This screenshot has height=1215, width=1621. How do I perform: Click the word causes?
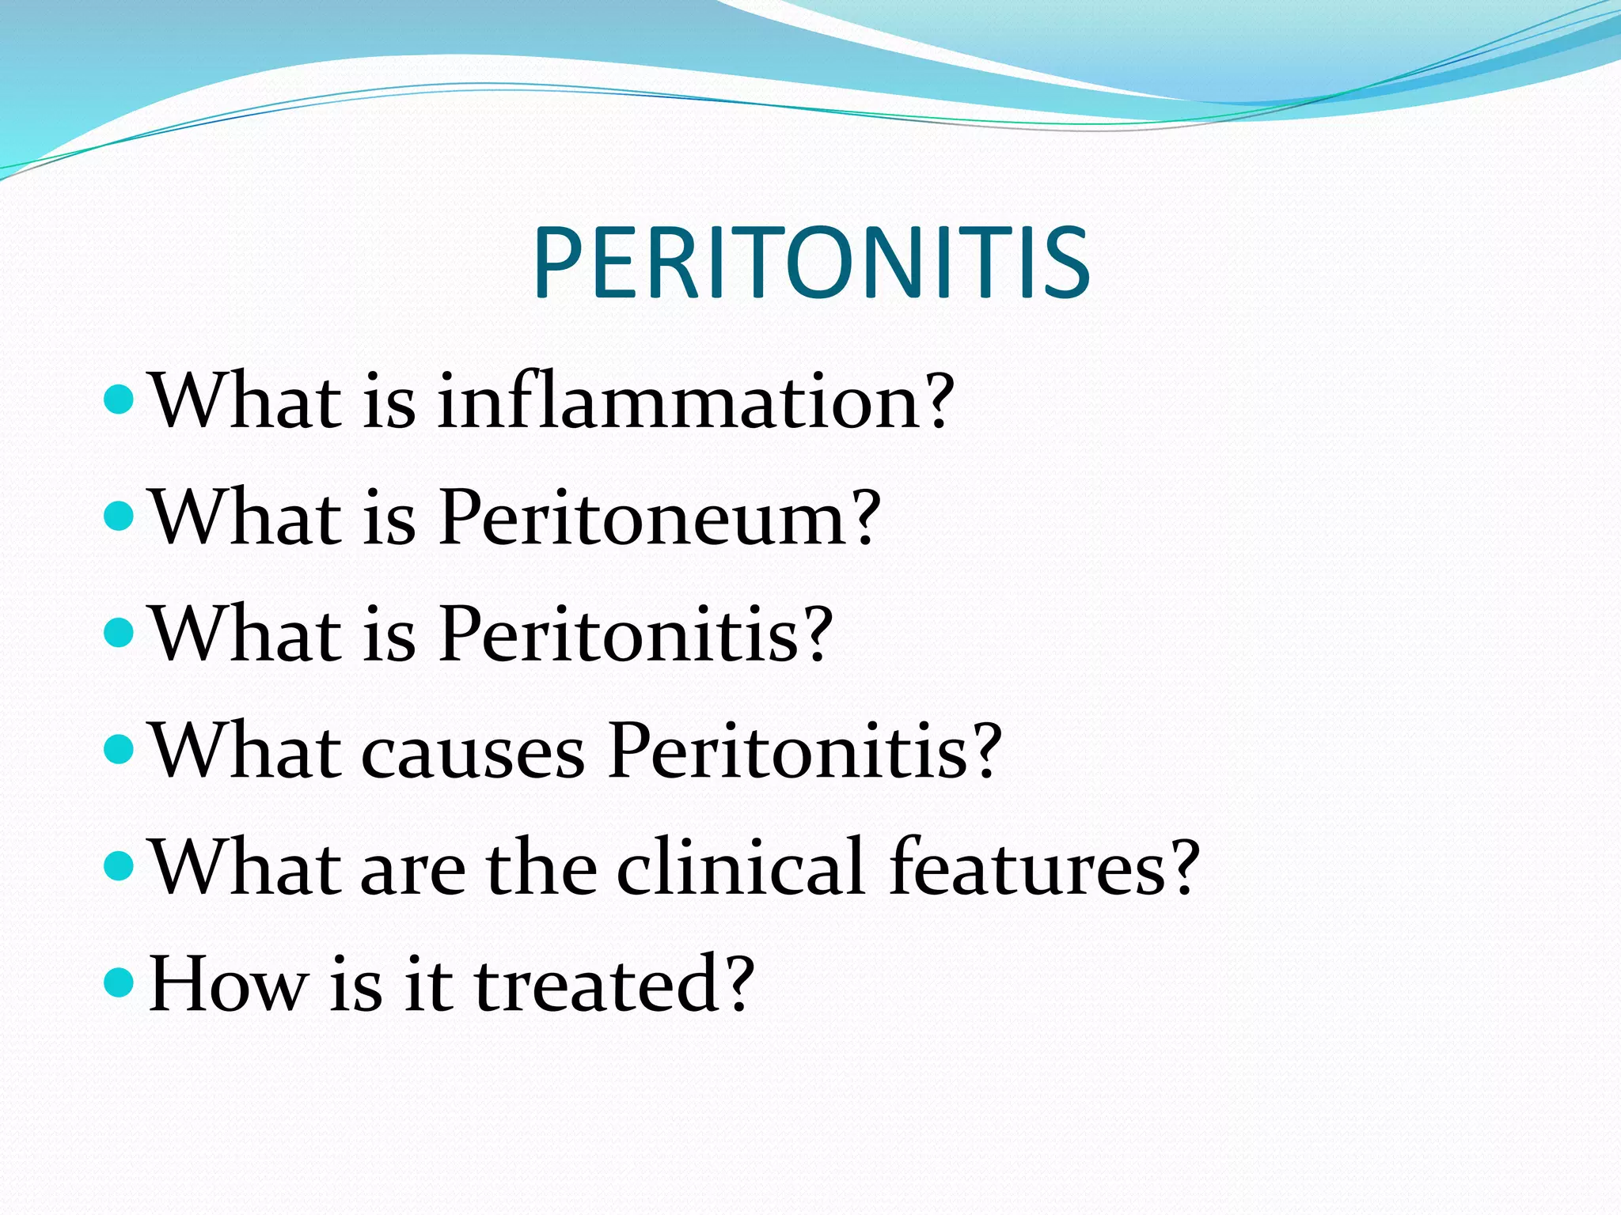pos(473,751)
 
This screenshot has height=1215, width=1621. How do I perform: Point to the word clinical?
pos(740,868)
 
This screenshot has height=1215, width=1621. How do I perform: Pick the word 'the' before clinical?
pos(541,868)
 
